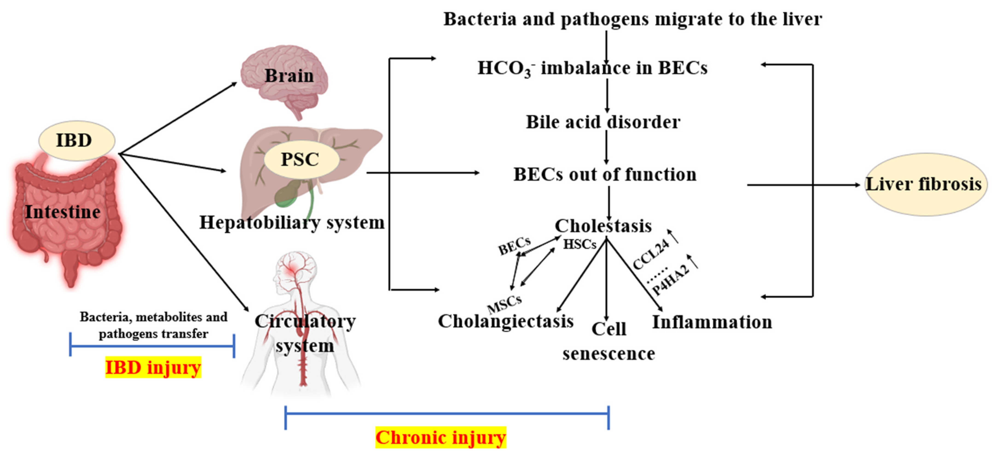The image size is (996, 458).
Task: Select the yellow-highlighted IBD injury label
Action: click(x=153, y=367)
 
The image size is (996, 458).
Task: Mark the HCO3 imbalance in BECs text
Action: click(x=592, y=68)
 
